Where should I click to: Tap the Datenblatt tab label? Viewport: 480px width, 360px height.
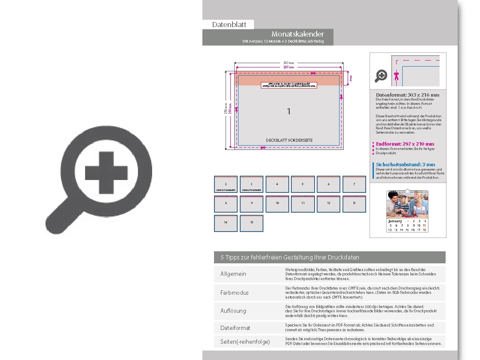point(229,24)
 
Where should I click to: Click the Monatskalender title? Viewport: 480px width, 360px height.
point(297,34)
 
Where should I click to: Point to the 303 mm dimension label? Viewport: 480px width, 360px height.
point(288,63)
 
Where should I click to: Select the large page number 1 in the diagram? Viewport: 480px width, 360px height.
point(289,111)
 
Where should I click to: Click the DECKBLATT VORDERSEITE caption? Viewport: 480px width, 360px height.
point(289,140)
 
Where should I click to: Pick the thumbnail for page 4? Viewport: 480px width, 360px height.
point(277,184)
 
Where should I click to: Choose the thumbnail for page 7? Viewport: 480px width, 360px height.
point(354,184)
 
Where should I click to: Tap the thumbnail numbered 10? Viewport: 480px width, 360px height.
point(277,204)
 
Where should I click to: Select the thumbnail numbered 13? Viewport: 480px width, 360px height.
point(354,204)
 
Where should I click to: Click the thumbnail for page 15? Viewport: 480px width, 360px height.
point(251,223)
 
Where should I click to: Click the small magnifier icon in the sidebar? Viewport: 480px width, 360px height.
point(381,76)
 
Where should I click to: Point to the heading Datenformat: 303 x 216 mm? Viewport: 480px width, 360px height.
point(407,95)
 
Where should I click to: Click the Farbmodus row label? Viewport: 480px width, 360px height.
point(234,293)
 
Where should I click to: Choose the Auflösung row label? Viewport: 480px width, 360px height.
point(233,311)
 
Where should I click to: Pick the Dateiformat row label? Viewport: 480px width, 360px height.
point(235,328)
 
